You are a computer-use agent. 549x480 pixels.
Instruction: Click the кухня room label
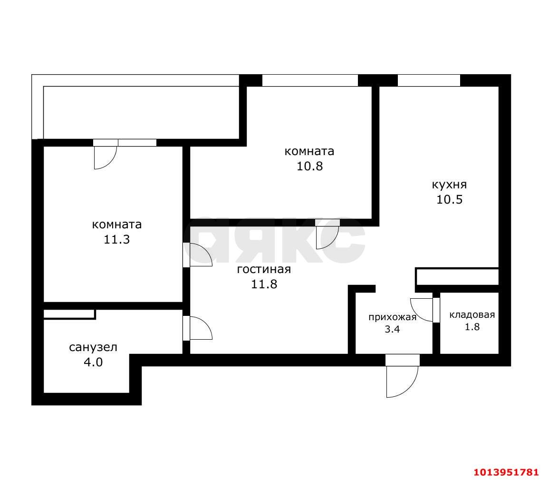(x=449, y=185)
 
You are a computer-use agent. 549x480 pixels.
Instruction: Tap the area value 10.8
(x=309, y=167)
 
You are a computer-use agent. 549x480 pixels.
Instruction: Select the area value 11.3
(x=116, y=239)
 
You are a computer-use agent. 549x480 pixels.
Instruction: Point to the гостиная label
(x=263, y=270)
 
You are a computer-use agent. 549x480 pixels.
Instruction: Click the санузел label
(x=93, y=347)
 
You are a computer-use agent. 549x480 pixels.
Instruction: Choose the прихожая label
(x=392, y=317)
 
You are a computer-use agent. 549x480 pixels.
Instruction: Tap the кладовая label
(x=472, y=314)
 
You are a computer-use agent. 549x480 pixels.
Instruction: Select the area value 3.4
(x=393, y=329)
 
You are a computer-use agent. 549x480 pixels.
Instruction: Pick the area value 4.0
(x=93, y=362)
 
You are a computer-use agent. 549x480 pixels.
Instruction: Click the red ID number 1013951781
(x=506, y=472)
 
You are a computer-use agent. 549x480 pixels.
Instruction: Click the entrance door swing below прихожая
(x=402, y=381)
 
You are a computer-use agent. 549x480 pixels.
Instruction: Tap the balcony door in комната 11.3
(x=105, y=157)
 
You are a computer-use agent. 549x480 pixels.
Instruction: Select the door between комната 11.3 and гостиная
(x=199, y=255)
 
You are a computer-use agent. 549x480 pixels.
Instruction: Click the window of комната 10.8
(x=309, y=80)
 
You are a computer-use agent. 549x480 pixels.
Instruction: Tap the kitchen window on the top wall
(x=429, y=80)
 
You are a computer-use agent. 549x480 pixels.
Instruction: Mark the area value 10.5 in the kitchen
(x=449, y=199)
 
